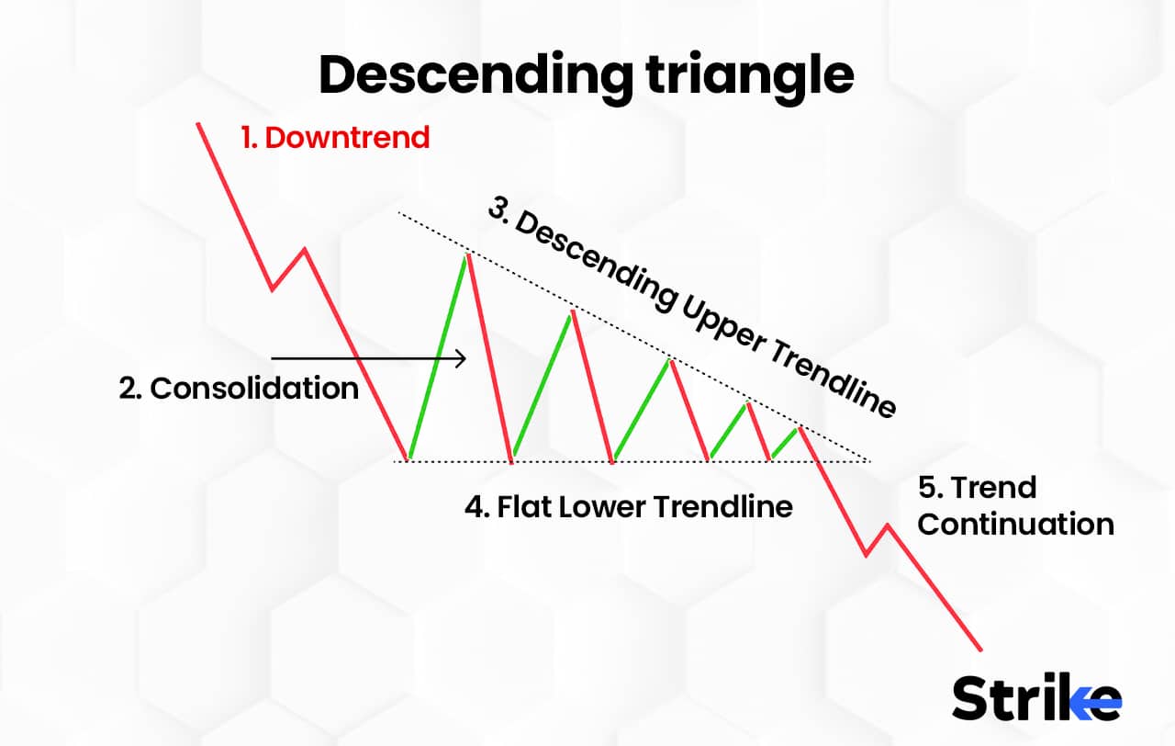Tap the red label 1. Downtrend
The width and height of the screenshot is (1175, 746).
click(335, 138)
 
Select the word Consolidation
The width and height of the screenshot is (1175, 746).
click(254, 388)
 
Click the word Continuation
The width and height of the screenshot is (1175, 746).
click(1015, 524)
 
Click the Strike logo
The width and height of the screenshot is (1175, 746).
click(1036, 698)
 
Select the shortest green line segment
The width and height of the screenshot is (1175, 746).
click(786, 443)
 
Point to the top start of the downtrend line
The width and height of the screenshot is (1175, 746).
click(198, 123)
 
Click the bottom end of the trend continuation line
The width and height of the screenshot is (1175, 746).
click(981, 649)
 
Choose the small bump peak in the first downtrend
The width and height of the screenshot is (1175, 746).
click(304, 249)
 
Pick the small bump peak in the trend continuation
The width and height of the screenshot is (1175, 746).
click(888, 526)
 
